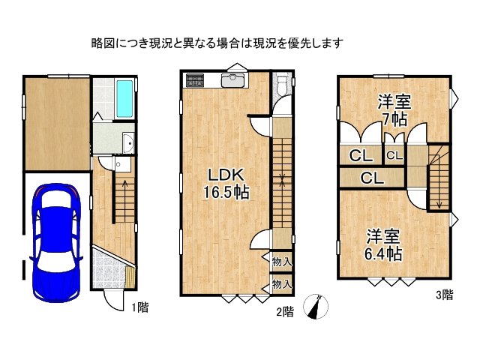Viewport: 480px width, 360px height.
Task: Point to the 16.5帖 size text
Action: pyautogui.click(x=226, y=193)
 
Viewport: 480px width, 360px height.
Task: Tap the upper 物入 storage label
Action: pyautogui.click(x=282, y=262)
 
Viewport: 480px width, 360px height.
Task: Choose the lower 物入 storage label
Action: pyautogui.click(x=282, y=284)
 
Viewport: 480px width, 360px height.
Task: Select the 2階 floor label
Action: pyautogui.click(x=283, y=313)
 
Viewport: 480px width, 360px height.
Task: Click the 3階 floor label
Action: pyautogui.click(x=444, y=295)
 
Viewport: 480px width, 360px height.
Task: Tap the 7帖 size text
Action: pyautogui.click(x=393, y=118)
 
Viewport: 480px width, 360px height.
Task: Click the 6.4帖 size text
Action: pyautogui.click(x=384, y=253)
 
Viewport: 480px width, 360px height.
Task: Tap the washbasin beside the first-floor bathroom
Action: pyautogui.click(x=126, y=141)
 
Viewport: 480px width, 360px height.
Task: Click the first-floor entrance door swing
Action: pyautogui.click(x=113, y=299)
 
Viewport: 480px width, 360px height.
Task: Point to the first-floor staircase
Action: pyautogui.click(x=123, y=199)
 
